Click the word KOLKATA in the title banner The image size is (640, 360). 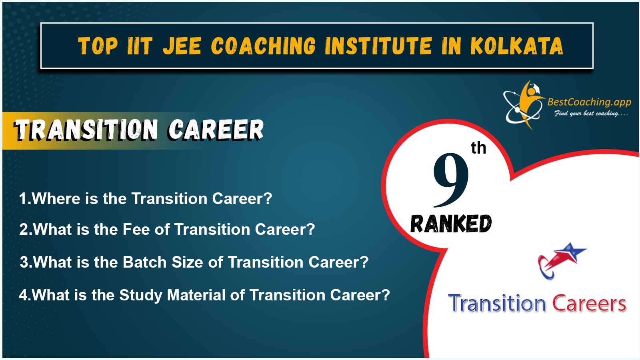point(516,46)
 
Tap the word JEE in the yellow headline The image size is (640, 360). point(182,46)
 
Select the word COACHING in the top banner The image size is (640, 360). point(263,46)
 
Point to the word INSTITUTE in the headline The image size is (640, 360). point(378,46)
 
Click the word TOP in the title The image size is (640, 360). point(98,46)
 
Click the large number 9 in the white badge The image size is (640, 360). point(451,180)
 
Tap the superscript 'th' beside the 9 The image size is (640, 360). point(478,148)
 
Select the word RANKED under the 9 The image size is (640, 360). point(451,224)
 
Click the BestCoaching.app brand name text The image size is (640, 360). point(589,102)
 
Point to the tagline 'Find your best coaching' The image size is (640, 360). point(591,114)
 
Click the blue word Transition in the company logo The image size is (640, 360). point(497,303)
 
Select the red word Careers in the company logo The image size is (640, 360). point(589,303)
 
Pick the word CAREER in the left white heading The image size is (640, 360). point(216,130)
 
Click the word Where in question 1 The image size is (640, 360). point(56,198)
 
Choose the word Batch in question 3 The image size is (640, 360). point(144,262)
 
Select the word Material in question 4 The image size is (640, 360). point(196,295)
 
